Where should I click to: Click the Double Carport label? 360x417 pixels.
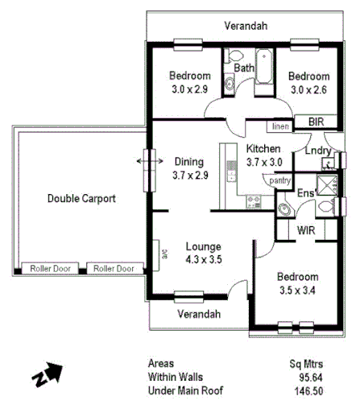[x=81, y=198]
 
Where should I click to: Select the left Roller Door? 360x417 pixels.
[x=48, y=269]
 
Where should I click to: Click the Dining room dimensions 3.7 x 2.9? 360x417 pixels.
[x=190, y=174]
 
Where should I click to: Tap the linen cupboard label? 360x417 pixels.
[x=279, y=126]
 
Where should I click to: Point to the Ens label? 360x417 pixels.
[x=305, y=193]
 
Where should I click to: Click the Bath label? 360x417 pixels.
[x=244, y=68]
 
